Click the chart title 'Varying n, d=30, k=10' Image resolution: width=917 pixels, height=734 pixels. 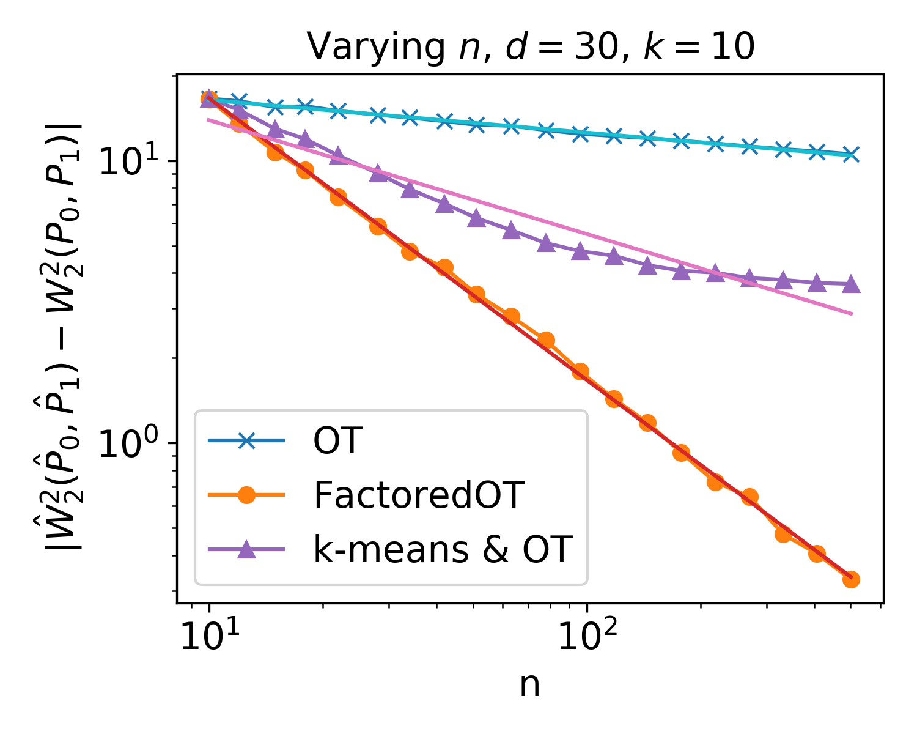[530, 46]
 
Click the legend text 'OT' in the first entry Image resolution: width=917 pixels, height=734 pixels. [338, 440]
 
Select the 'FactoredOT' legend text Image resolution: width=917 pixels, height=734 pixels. [419, 495]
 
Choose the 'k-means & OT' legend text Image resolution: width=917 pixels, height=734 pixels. [443, 549]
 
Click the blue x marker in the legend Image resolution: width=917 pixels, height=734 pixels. [246, 440]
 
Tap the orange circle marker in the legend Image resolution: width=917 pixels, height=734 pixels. [246, 495]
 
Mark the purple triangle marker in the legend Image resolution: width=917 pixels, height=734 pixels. [246, 549]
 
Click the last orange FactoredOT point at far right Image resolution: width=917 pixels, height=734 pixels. [851, 579]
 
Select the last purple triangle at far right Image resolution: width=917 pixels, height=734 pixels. [851, 285]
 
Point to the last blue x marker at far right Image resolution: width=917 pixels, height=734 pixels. [851, 154]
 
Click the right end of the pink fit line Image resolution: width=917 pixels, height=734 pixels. [852, 314]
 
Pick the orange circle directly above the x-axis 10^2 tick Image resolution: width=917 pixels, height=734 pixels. [581, 371]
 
